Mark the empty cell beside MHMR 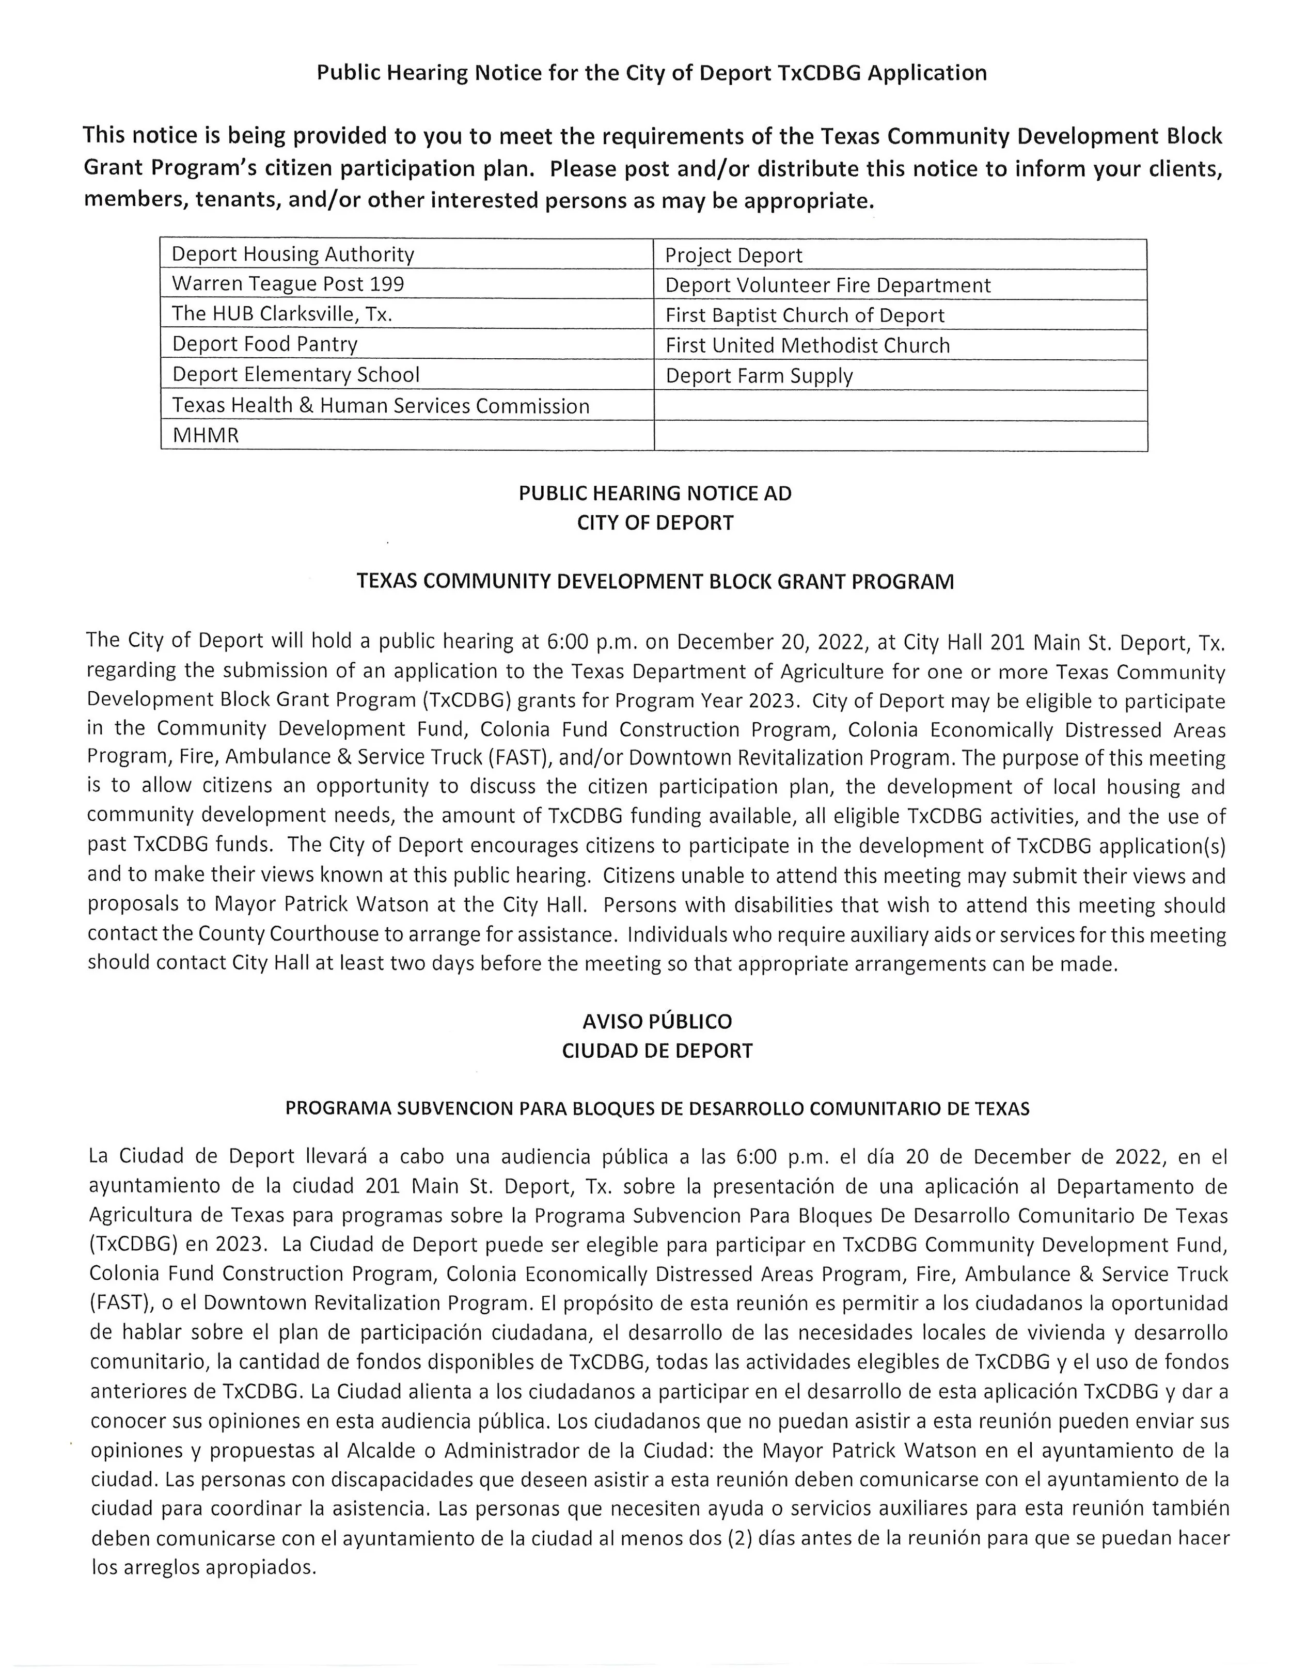[900, 436]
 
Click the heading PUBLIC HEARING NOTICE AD [655, 493]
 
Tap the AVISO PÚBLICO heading [657, 1022]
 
